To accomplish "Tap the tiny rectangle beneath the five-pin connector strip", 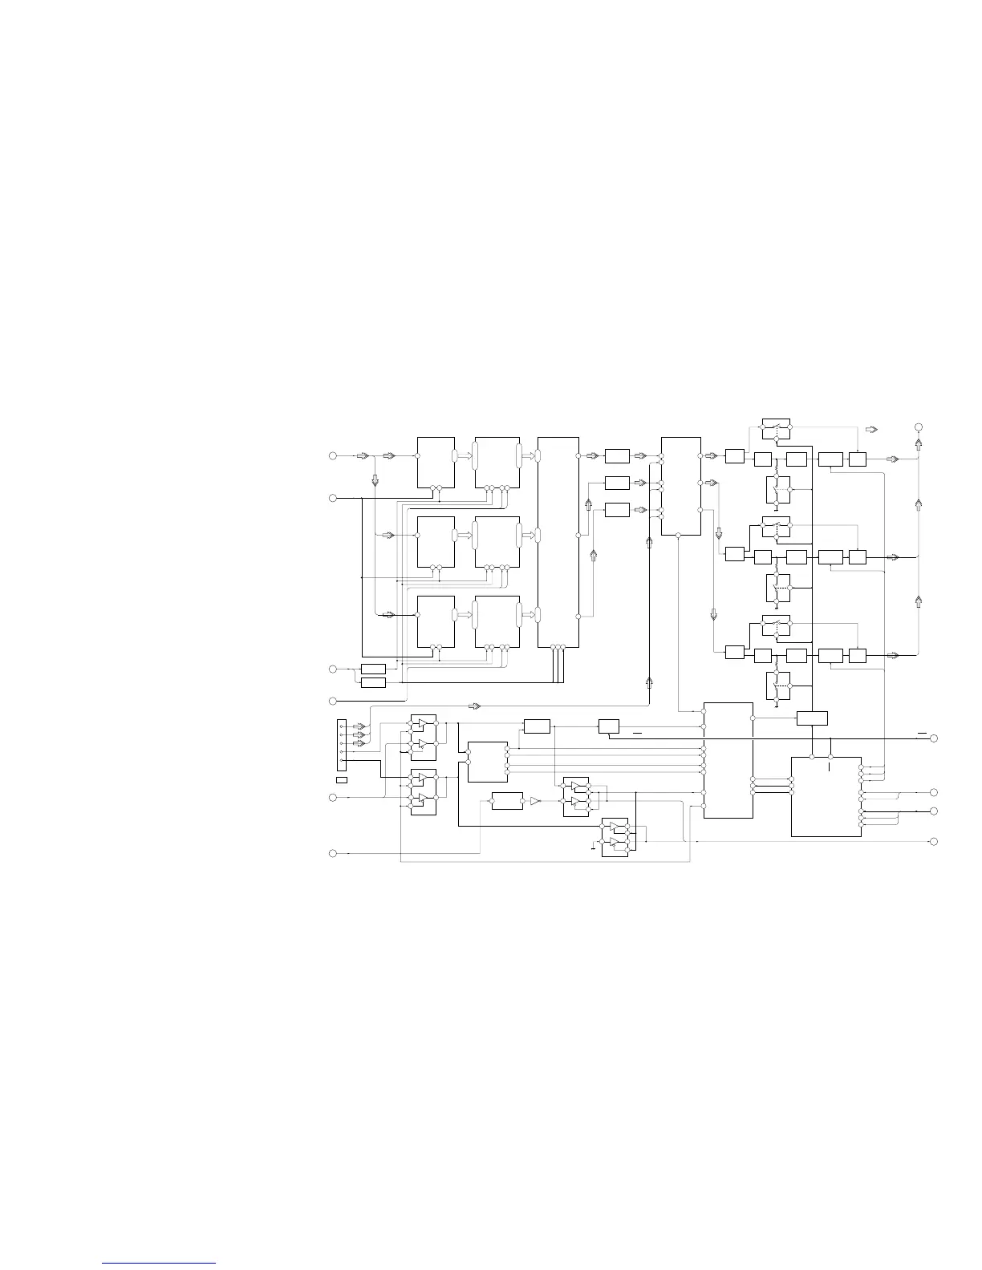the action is coord(341,779).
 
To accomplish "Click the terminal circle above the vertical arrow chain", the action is coord(919,427).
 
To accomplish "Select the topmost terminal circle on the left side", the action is coord(332,456).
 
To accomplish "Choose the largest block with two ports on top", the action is coord(826,796).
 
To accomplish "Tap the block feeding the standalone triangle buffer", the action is coord(506,801).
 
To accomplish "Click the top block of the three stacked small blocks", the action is coord(617,456).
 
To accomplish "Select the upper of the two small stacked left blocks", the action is coord(373,669).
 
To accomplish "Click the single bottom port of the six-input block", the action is coord(679,534).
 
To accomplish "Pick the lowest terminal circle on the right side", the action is coord(933,841).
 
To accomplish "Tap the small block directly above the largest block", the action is coord(812,718).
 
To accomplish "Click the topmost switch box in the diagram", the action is coord(776,429).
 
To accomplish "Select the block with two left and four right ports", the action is coord(487,762).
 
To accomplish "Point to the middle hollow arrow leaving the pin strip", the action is coord(359,734).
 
